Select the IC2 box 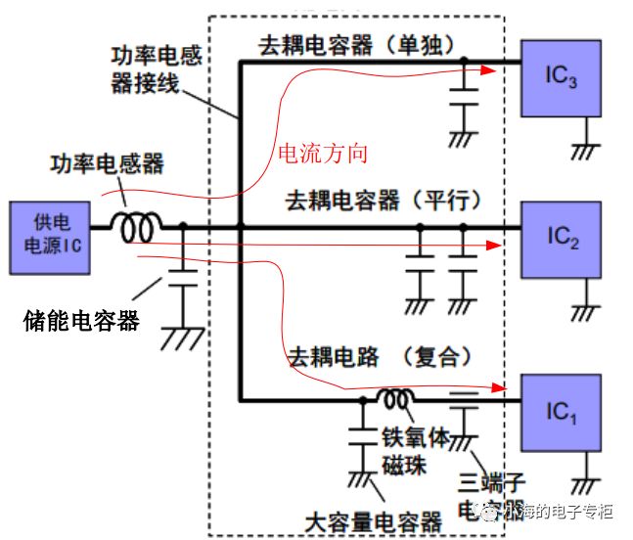[x=560, y=237]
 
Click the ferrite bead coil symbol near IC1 [x=396, y=399]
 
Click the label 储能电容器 [x=80, y=319]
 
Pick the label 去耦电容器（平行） [x=384, y=201]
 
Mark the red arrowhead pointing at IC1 [x=504, y=388]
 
